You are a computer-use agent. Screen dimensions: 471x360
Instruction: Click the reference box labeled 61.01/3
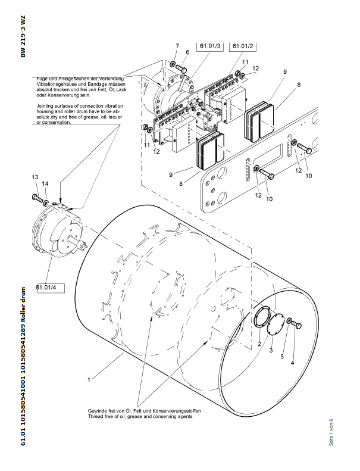point(210,45)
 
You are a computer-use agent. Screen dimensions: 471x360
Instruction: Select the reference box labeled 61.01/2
point(243,45)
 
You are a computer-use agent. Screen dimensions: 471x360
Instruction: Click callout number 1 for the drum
point(89,379)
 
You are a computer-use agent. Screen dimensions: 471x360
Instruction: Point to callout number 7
point(177,46)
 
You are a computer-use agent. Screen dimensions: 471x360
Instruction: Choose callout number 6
point(187,52)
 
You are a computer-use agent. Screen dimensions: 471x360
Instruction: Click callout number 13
point(35,177)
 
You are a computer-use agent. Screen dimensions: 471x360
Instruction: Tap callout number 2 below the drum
point(259,345)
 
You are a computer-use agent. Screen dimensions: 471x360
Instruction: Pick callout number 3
point(271,351)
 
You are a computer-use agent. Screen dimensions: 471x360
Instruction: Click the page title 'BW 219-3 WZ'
point(24,37)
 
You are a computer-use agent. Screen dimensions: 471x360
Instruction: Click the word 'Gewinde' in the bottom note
point(98,411)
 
